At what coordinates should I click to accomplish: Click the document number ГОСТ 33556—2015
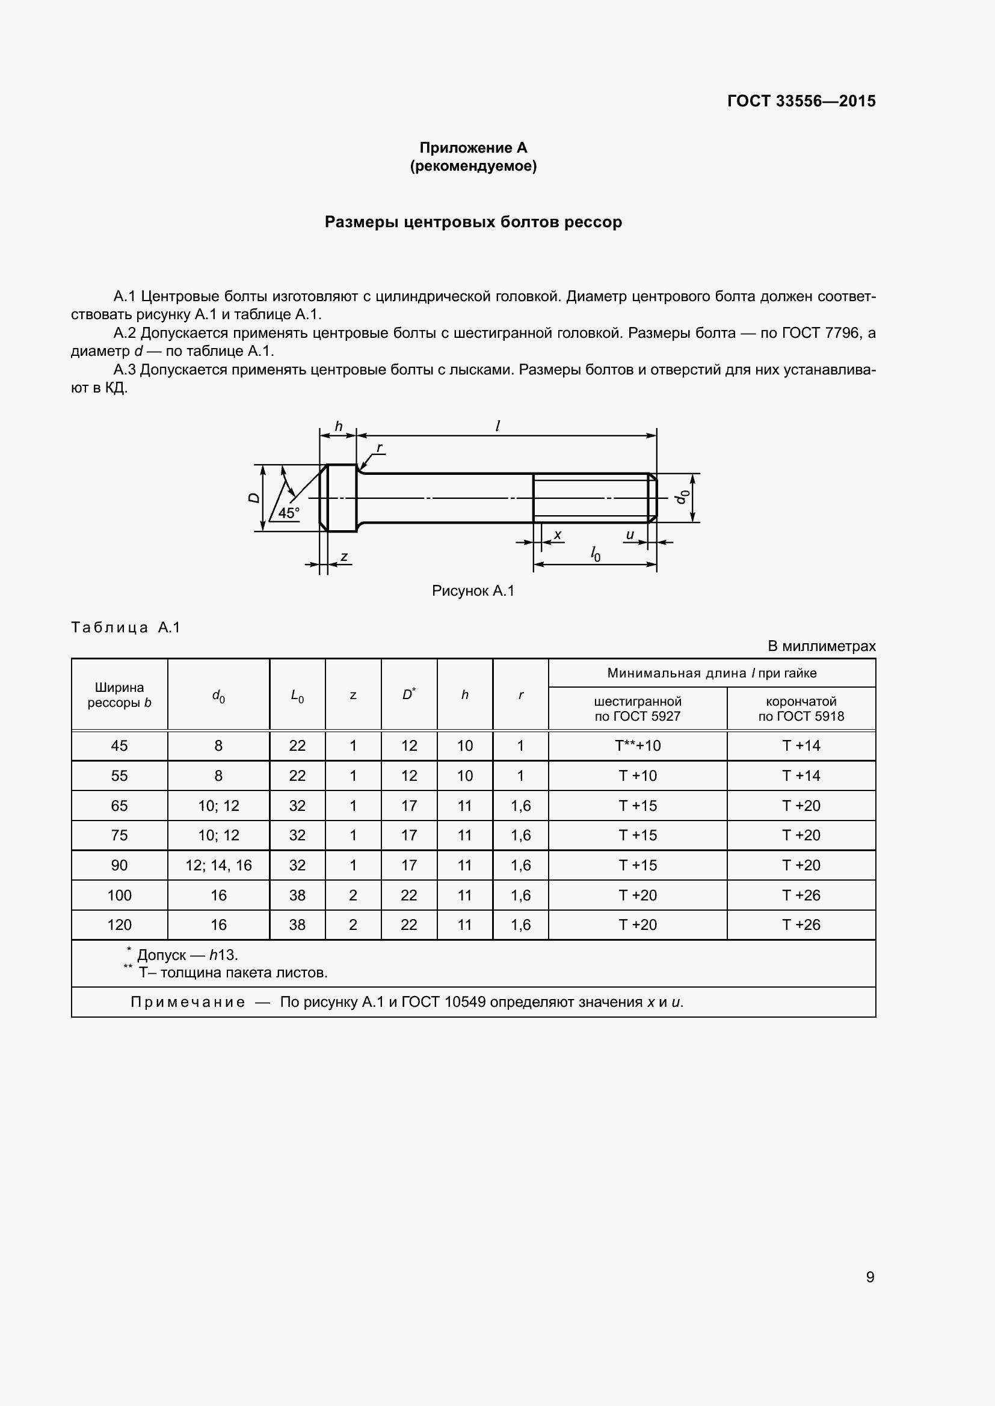point(801,101)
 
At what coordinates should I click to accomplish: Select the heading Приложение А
point(473,148)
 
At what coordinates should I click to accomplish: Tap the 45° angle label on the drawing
point(289,513)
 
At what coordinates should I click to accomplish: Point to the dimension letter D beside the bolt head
point(254,498)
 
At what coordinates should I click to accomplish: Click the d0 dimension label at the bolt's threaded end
point(682,497)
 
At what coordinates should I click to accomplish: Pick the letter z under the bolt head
point(344,557)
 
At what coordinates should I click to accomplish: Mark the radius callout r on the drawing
point(379,448)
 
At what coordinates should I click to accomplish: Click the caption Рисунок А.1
point(473,590)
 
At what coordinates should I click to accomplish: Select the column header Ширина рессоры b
point(120,695)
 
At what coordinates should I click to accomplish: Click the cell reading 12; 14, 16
point(219,865)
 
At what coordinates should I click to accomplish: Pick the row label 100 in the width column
point(120,895)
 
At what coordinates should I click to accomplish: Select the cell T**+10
point(637,746)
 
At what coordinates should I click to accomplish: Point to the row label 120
point(120,925)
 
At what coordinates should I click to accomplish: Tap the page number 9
point(870,1277)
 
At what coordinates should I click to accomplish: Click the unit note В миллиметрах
point(822,646)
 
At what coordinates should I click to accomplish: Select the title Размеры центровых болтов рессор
point(473,222)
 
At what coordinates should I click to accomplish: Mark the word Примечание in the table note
point(188,1002)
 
